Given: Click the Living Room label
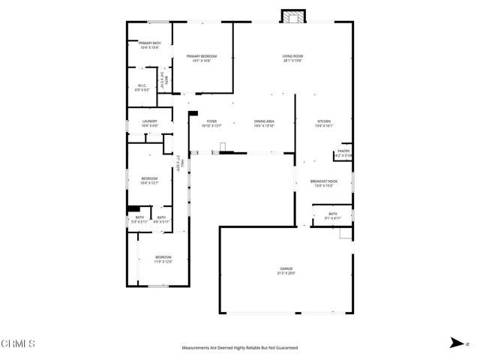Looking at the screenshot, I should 292,56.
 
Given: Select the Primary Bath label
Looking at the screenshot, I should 149,43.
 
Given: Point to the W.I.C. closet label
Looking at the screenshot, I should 142,85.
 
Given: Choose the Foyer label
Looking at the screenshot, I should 211,121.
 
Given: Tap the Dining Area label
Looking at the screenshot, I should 264,121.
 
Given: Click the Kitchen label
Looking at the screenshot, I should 324,121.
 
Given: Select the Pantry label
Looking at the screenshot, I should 343,151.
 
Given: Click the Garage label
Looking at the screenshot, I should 286,269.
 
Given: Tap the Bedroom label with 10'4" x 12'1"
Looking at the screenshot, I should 149,178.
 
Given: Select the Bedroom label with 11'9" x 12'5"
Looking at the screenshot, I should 163,258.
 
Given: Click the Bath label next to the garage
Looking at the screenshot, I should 332,214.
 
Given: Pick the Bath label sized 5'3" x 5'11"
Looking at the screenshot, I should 139,217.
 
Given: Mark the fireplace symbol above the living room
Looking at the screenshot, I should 290,16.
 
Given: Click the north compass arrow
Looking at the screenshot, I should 455,343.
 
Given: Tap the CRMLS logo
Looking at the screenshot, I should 18,344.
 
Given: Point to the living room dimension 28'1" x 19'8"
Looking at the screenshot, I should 292,61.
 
